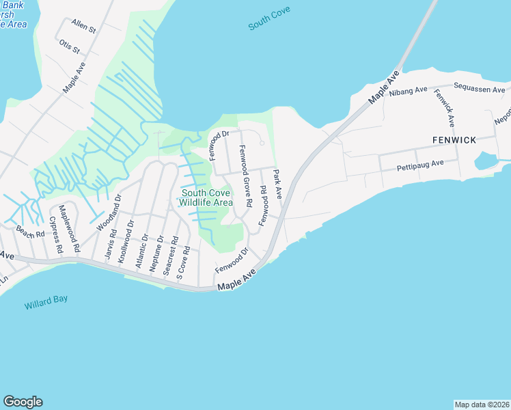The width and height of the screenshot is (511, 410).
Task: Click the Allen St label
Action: [84, 28]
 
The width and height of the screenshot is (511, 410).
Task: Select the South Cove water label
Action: [269, 18]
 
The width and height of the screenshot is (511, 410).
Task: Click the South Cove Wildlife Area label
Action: [206, 197]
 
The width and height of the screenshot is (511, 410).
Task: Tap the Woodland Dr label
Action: [109, 212]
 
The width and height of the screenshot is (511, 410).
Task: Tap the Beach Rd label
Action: [31, 232]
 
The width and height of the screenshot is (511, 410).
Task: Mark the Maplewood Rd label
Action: [70, 228]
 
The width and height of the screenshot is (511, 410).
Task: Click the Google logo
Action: [23, 402]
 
